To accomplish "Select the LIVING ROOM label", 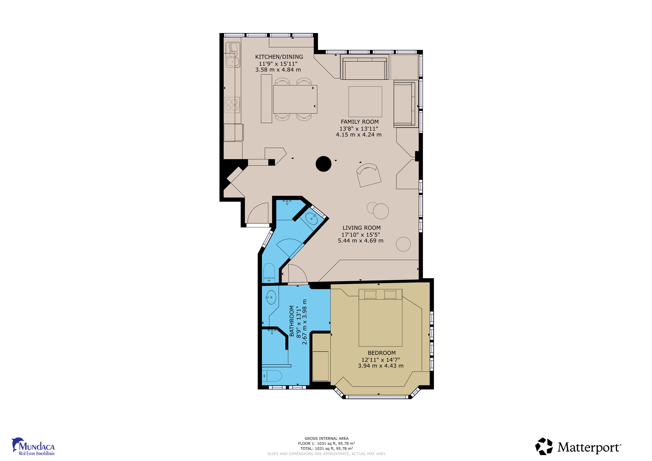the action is pyautogui.click(x=362, y=228).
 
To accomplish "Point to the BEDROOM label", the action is pyautogui.click(x=382, y=353).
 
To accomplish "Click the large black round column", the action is pyautogui.click(x=323, y=164).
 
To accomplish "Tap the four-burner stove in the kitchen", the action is pyautogui.click(x=232, y=105).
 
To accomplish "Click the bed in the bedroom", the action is pyautogui.click(x=380, y=318).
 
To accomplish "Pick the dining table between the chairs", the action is pyautogui.click(x=295, y=99).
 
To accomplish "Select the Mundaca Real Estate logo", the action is pyautogui.click(x=33, y=446).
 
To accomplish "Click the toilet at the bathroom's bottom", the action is pyautogui.click(x=272, y=376).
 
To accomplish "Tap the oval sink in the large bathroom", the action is pyautogui.click(x=271, y=297).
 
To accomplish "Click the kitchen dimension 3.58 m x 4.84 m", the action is pyautogui.click(x=278, y=70).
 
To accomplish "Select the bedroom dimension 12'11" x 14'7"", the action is pyautogui.click(x=380, y=360).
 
